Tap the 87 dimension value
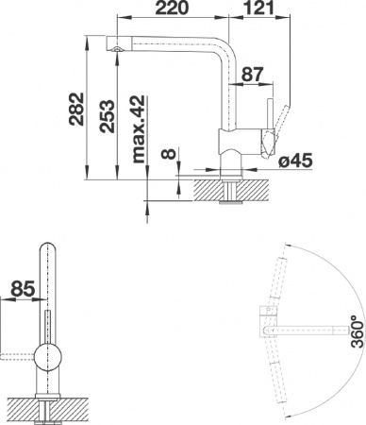coord(252,73)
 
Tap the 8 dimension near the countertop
coord(167,153)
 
